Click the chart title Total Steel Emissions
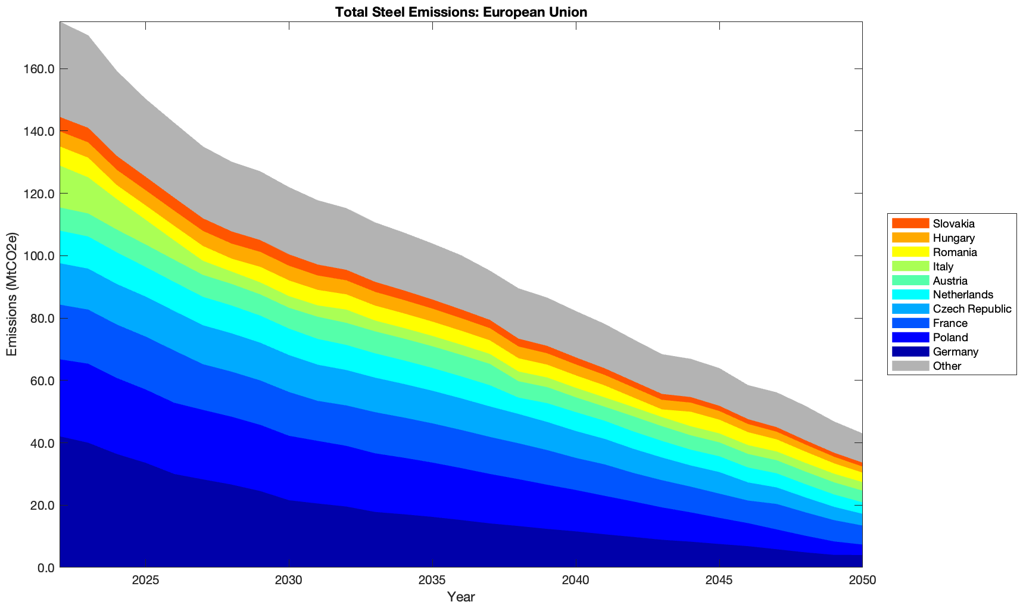pos(461,12)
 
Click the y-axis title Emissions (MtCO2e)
pos(12,295)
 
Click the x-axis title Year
pos(461,597)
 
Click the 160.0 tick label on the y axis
pos(40,69)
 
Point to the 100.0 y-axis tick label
pos(40,256)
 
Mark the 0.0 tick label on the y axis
pos(45,568)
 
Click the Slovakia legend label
pos(954,224)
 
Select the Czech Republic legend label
pos(972,309)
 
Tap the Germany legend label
pos(956,352)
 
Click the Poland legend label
pos(950,338)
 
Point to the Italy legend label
pos(943,267)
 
